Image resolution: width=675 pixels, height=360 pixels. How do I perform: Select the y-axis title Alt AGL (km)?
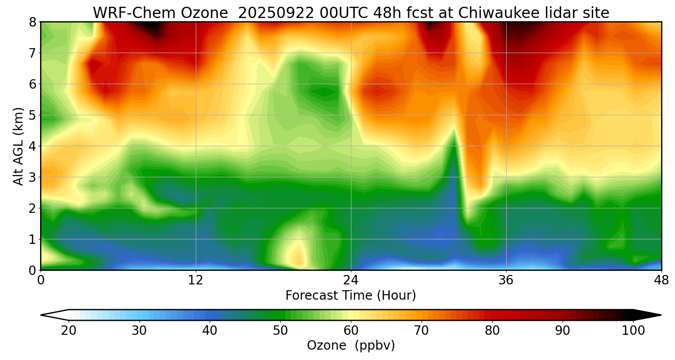pyautogui.click(x=18, y=146)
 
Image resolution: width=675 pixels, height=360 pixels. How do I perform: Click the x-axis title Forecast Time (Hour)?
pyautogui.click(x=351, y=296)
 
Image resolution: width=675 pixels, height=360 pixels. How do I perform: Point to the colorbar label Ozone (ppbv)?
pyautogui.click(x=351, y=346)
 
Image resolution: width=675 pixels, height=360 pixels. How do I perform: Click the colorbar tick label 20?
pyautogui.click(x=69, y=331)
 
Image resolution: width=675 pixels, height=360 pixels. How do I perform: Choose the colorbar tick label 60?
pyautogui.click(x=351, y=331)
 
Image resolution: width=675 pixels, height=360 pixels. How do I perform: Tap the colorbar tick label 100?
pyautogui.click(x=633, y=331)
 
